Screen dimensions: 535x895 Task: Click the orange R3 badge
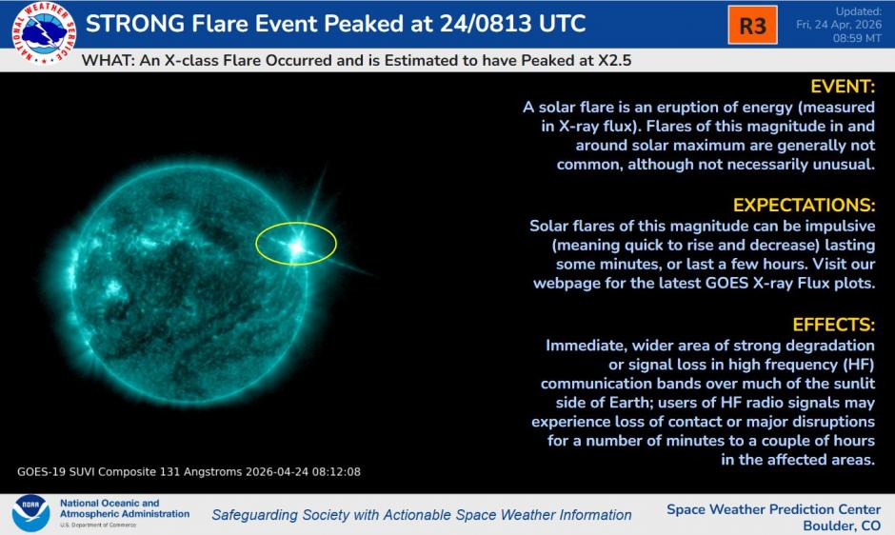(x=752, y=26)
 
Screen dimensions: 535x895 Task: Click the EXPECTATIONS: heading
(x=804, y=206)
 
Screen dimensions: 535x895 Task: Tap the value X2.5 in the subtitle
(x=611, y=59)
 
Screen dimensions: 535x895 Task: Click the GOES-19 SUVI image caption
(x=189, y=471)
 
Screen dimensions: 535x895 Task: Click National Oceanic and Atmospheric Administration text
(x=124, y=508)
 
